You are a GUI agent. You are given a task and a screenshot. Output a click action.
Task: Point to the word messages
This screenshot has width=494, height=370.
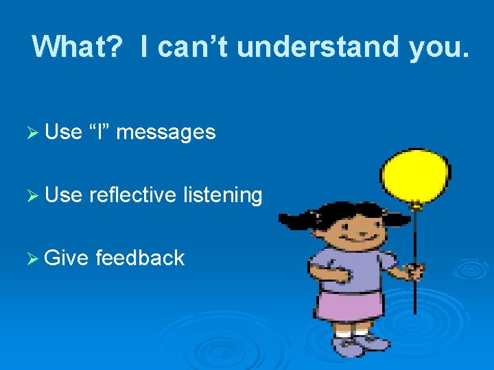click(166, 132)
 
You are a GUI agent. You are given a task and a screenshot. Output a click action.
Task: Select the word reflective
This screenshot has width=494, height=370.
click(133, 195)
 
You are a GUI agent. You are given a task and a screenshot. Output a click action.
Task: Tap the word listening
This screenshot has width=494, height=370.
click(223, 196)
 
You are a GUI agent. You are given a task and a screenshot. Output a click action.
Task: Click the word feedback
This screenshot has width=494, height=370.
click(140, 258)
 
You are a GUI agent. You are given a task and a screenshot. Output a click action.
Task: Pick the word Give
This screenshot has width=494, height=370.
click(67, 258)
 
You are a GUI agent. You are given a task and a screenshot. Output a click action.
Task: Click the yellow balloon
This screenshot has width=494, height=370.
click(416, 172)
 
